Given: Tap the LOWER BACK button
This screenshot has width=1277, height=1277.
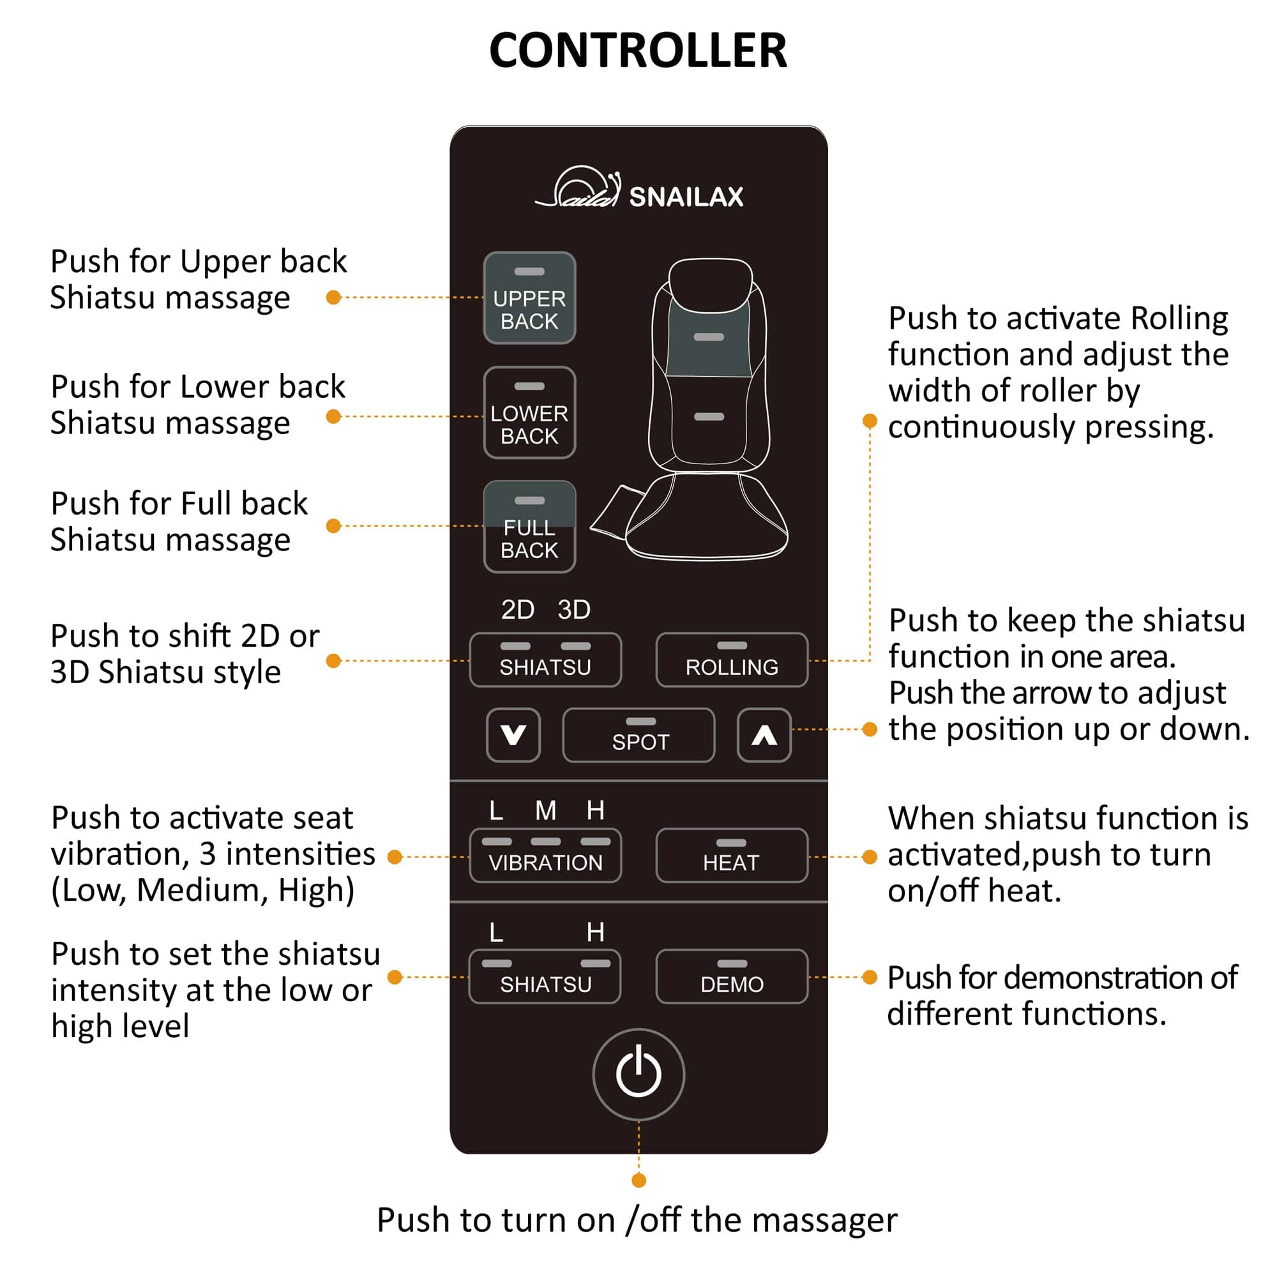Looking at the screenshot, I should pos(529,412).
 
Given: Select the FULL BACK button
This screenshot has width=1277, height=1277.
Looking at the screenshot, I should pos(529,527).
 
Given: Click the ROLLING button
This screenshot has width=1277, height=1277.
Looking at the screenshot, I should pos(732,660).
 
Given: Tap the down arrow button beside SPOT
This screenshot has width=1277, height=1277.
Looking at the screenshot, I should pos(513,735).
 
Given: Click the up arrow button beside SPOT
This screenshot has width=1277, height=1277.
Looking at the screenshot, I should pos(764,735).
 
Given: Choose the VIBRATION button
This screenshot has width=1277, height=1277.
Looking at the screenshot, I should pos(545,856).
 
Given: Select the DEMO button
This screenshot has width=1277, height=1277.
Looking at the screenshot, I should pos(732,976).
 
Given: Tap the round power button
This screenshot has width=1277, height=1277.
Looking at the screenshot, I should pos(638,1074).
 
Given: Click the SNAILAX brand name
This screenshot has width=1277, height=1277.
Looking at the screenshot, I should pos(686,197).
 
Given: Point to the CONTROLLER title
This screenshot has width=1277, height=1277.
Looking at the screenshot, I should pos(638,51).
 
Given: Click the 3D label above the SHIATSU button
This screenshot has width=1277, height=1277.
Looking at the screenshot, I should pos(574,609).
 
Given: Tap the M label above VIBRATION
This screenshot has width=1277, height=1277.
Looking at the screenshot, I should pos(545,810).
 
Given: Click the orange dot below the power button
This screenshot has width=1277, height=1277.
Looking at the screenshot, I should pos(638,1181).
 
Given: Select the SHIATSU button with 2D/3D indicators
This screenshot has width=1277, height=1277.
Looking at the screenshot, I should pos(545,660).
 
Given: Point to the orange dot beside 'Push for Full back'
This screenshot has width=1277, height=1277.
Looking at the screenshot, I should pos(334,526).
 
